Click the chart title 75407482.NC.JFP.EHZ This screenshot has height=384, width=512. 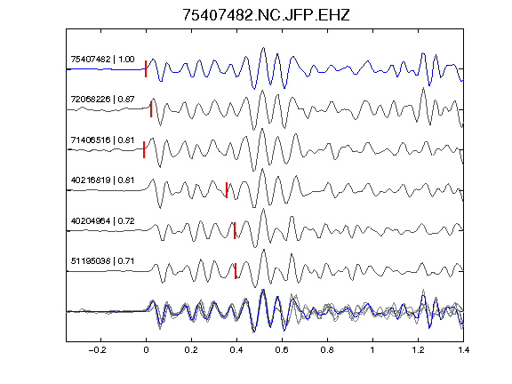coord(266,15)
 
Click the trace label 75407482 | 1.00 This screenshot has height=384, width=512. coord(102,60)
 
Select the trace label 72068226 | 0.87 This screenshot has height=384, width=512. coord(102,100)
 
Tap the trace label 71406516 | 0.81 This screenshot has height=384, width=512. coord(102,140)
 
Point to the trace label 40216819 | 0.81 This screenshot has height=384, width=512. coord(102,180)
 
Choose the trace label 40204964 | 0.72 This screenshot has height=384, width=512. coord(102,221)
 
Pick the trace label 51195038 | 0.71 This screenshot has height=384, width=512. coord(102,261)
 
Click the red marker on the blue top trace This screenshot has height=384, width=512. coord(146,69)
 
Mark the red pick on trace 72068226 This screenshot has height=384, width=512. coord(151,109)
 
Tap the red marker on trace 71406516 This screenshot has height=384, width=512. coord(144,149)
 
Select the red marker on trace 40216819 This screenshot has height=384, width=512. coord(227,190)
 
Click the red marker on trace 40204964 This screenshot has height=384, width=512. coord(235,230)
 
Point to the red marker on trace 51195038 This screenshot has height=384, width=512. coord(236,271)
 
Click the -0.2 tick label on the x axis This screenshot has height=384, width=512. coord(98,350)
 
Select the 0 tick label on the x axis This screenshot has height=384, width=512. coord(146,350)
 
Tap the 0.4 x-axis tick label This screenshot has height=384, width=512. coord(236,350)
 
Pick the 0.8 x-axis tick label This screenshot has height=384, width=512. coord(327,350)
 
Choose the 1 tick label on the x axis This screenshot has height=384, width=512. coord(372,350)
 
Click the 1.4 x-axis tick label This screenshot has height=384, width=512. coord(463,350)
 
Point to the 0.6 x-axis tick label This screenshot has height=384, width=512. coord(282,350)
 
